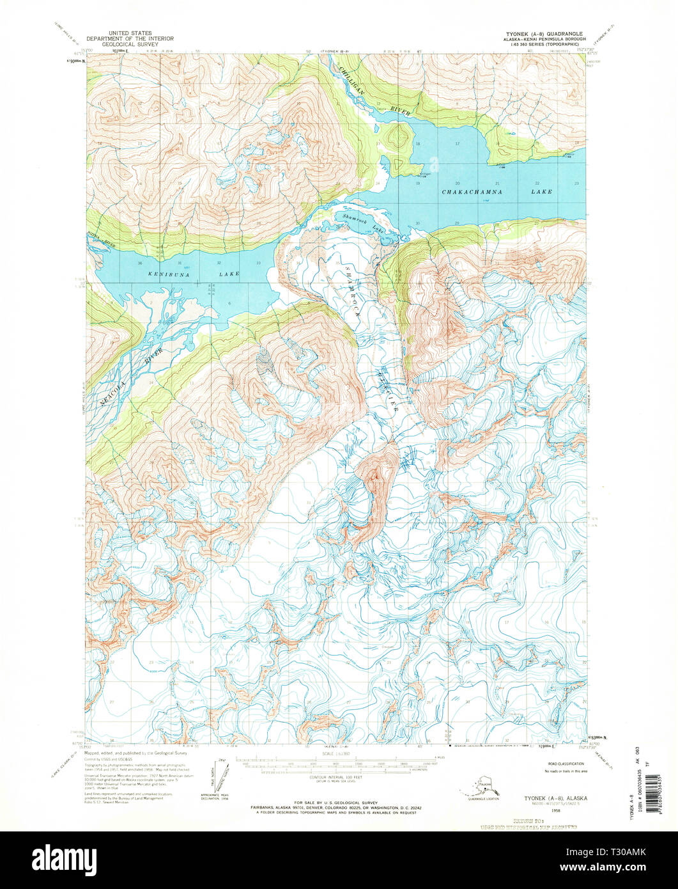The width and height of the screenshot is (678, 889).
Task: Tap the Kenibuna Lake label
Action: point(194,274)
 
